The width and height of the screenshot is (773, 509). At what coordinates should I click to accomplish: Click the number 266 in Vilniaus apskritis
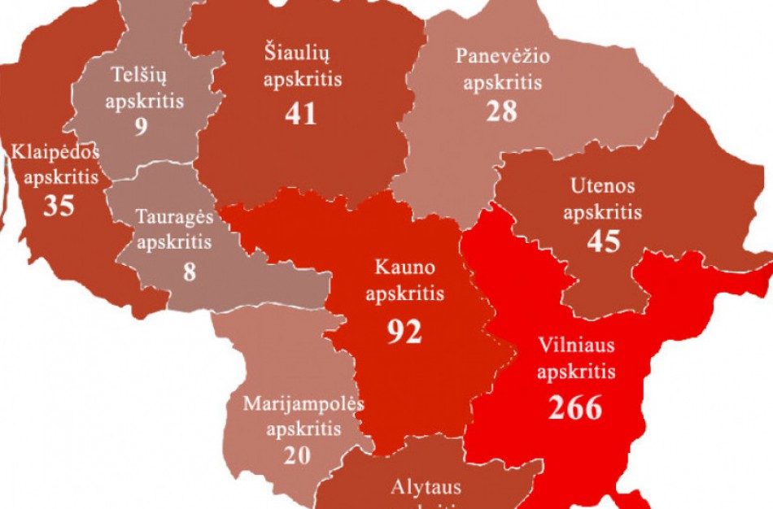(x=575, y=407)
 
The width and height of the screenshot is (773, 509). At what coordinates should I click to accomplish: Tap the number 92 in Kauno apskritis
(x=404, y=331)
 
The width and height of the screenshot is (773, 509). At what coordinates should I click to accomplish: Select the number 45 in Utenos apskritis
(x=603, y=241)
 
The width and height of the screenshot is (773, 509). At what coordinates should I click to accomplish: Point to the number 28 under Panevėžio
(x=502, y=111)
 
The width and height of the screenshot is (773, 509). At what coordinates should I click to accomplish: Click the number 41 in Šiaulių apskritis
(x=300, y=113)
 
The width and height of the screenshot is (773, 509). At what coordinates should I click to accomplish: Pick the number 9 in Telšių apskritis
(x=142, y=128)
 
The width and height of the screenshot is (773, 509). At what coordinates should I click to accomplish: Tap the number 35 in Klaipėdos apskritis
(x=59, y=205)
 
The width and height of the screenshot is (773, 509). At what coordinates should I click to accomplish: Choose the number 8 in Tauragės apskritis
(x=189, y=271)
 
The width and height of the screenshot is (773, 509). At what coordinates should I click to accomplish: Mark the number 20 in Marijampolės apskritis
(x=297, y=455)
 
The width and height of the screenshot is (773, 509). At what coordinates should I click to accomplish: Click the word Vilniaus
(x=576, y=345)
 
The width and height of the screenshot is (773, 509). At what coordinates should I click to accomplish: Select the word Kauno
(x=404, y=267)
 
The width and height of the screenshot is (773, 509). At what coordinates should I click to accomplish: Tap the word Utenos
(x=603, y=185)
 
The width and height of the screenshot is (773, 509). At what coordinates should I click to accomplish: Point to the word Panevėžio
(x=502, y=56)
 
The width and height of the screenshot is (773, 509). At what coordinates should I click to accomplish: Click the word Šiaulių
(x=302, y=53)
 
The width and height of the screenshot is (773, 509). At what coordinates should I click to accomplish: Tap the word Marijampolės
(x=303, y=403)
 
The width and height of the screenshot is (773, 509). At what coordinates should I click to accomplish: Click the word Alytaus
(x=426, y=487)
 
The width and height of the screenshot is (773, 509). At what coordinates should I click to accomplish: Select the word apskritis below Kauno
(x=404, y=293)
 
